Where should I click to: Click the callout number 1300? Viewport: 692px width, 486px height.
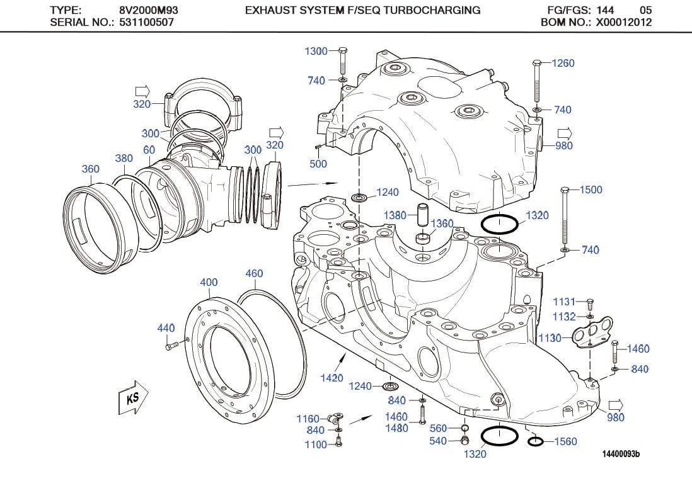pyautogui.click(x=316, y=52)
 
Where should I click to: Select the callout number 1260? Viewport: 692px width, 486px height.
pyautogui.click(x=563, y=63)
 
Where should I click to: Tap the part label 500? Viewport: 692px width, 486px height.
pyautogui.click(x=318, y=164)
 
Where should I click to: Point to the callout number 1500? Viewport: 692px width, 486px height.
pyautogui.click(x=591, y=189)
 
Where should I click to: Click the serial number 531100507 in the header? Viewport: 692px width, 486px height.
pyautogui.click(x=147, y=22)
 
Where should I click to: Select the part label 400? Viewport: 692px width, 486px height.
pyautogui.click(x=209, y=283)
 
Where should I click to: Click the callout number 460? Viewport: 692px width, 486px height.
pyautogui.click(x=254, y=273)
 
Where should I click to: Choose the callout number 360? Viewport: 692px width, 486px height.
pyautogui.click(x=91, y=169)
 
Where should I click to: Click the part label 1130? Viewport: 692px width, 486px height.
pyautogui.click(x=550, y=338)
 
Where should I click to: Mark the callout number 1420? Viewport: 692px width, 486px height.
pyautogui.click(x=332, y=378)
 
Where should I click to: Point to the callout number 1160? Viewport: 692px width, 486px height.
pyautogui.click(x=308, y=419)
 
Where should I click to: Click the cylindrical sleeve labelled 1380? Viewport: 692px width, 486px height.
pyautogui.click(x=421, y=216)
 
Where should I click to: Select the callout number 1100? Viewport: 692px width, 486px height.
pyautogui.click(x=315, y=444)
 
